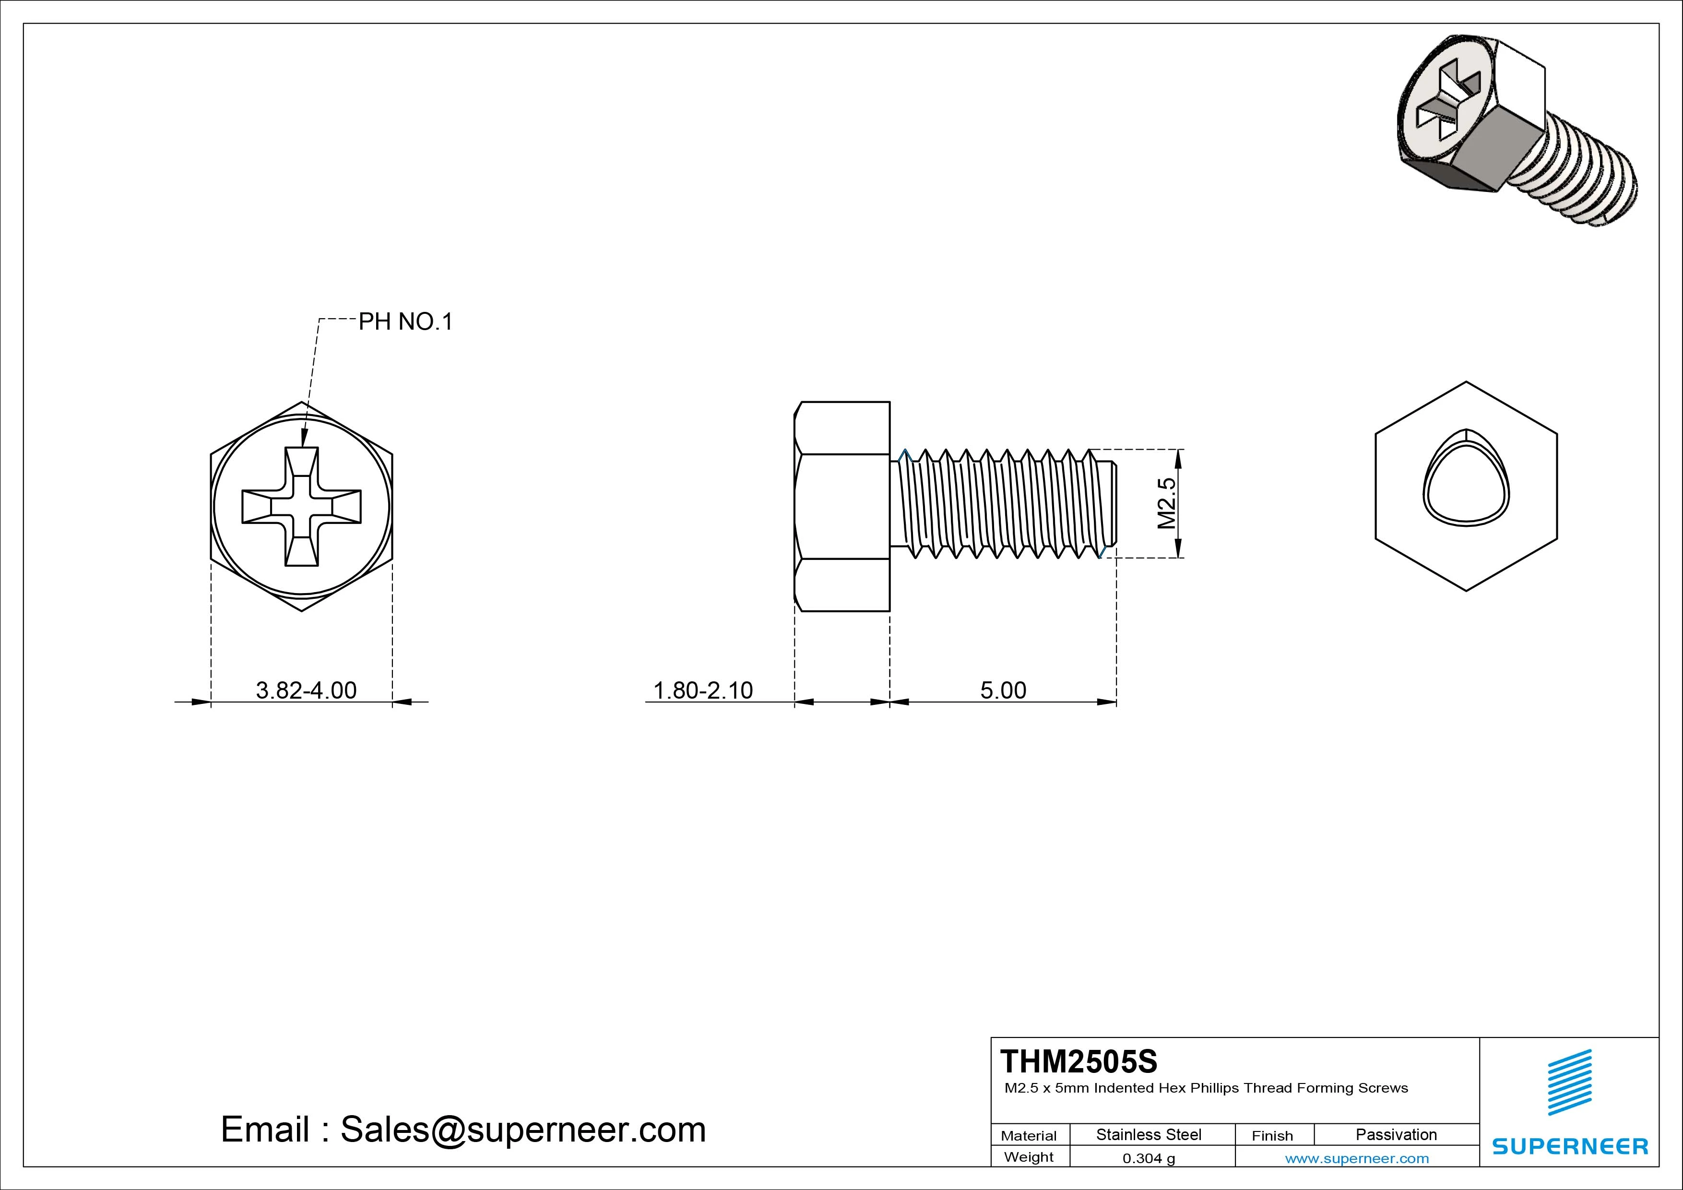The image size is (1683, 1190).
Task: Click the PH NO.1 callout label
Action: [x=405, y=322]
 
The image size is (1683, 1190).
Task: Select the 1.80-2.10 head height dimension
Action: [x=702, y=690]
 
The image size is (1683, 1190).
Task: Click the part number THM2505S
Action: [x=1079, y=1061]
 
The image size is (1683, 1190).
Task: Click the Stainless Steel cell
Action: [x=1148, y=1134]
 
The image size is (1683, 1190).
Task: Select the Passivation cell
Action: [x=1396, y=1134]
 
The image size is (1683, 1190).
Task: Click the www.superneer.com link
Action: [x=1357, y=1158]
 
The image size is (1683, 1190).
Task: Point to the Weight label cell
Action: [x=1029, y=1157]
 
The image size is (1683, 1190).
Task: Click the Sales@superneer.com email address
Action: [x=522, y=1130]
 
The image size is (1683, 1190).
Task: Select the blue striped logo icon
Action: [x=1569, y=1082]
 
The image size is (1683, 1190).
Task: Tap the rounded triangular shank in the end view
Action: [x=1466, y=487]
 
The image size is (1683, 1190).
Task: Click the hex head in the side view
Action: [x=842, y=506]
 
